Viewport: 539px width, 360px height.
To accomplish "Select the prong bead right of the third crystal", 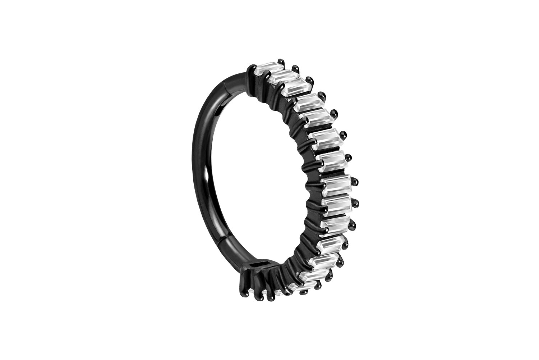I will click(308, 80).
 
